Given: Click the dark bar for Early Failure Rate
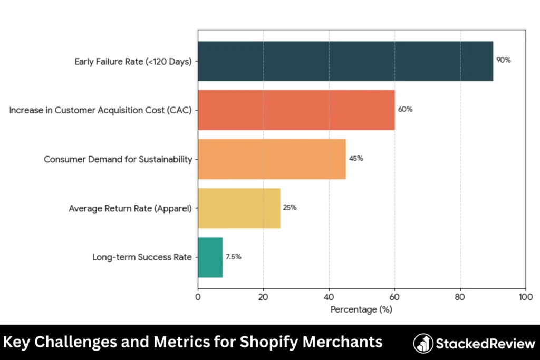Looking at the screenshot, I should point(345,61).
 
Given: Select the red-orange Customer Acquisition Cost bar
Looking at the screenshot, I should point(296,110).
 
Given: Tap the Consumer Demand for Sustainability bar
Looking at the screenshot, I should point(272,159).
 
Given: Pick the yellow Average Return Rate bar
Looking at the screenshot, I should point(239,208).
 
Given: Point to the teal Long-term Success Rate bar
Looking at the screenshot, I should point(210,257).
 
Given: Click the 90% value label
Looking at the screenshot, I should point(504,60).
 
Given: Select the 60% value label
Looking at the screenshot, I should point(405,109).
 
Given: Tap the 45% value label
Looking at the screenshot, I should point(356,158).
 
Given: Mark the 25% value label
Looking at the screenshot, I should point(290,207).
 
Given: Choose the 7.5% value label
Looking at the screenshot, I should point(234,257).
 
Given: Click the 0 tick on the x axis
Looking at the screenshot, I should point(198,296).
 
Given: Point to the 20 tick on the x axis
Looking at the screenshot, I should point(263,296).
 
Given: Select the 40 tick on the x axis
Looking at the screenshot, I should point(329,296).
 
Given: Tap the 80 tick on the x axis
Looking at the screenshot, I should point(460,296).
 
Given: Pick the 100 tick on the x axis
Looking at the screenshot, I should point(526,296).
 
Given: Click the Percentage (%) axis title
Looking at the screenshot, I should point(361,309).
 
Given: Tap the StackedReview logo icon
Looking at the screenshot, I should point(423,343).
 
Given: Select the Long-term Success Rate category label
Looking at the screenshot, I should point(142,257).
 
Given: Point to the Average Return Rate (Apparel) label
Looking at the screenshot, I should point(130,208).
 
